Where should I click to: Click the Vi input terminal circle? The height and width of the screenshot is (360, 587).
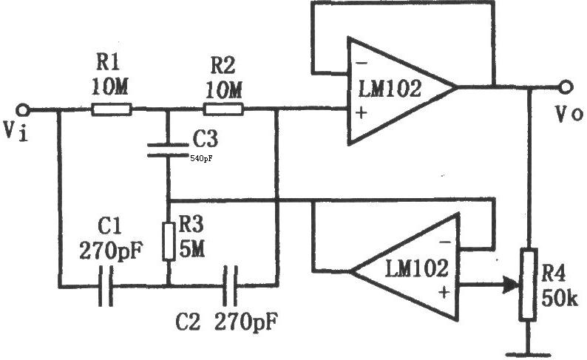[23, 110]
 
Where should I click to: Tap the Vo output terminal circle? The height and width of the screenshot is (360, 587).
[566, 87]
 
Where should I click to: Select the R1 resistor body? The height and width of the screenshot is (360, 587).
[112, 109]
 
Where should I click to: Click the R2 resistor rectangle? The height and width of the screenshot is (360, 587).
[223, 109]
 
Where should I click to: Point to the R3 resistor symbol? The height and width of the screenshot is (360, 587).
[169, 242]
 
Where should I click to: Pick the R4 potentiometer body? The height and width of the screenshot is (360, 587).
[528, 285]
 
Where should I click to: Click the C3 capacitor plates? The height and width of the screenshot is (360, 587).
[168, 149]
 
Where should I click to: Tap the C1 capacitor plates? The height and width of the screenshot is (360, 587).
[106, 286]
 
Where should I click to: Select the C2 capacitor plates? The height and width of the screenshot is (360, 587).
[230, 286]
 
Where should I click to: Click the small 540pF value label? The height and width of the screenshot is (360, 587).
[201, 159]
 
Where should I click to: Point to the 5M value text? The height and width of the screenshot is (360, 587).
[192, 248]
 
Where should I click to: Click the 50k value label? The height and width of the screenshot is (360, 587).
[560, 298]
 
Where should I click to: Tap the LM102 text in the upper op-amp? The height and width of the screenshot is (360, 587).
[390, 89]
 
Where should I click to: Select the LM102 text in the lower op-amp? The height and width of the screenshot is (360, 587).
[417, 268]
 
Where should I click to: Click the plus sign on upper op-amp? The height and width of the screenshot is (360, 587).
[362, 112]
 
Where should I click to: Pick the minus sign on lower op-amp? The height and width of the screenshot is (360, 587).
[445, 242]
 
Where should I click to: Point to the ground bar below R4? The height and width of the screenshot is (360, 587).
[529, 354]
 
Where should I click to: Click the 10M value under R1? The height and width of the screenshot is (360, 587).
[109, 87]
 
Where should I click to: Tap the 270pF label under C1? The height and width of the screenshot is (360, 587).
[111, 251]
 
